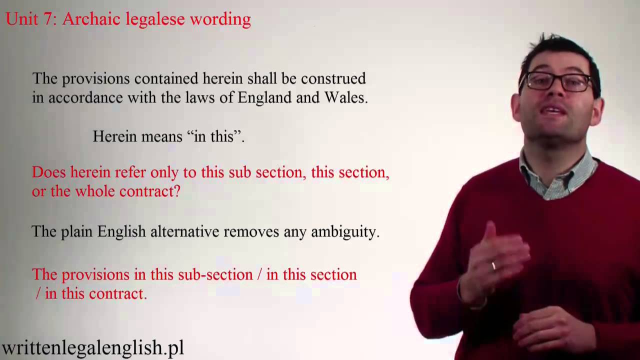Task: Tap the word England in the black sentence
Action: pyautogui.click(x=264, y=97)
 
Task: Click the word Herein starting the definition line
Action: pyautogui.click(x=115, y=136)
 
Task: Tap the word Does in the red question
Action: pyautogui.click(x=49, y=172)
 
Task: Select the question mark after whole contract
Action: pyautogui.click(x=176, y=191)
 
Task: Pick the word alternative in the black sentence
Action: pyautogui.click(x=184, y=232)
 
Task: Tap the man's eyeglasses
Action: pyautogui.click(x=556, y=81)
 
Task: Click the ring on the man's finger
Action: pyautogui.click(x=493, y=265)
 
